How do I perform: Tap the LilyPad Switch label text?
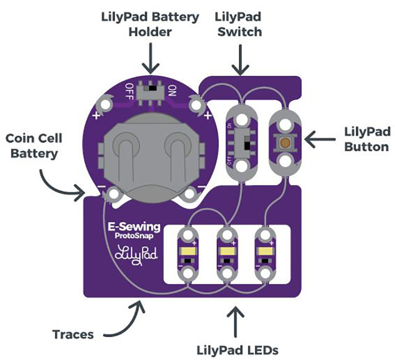pos(237,24)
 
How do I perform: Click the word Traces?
pos(73,334)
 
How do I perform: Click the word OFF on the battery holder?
pos(130,90)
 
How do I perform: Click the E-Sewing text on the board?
pos(134,227)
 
